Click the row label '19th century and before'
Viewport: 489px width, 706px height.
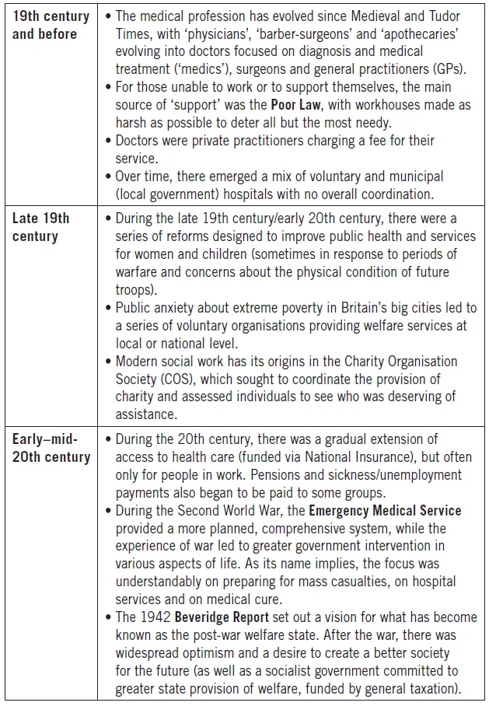(51, 25)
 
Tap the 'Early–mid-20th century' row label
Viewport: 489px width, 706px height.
(51, 449)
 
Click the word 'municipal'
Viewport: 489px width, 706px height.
(406, 176)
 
